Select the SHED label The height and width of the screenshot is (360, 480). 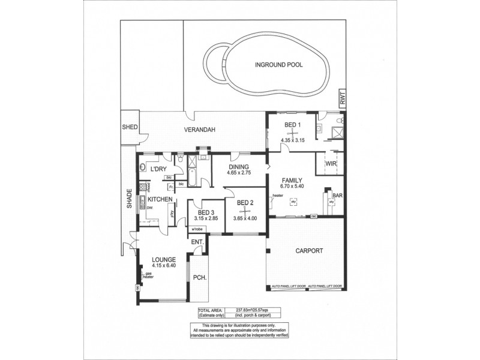click(x=130, y=127)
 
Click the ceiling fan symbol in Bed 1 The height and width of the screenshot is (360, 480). click(x=291, y=133)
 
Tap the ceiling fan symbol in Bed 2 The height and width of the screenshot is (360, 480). click(x=245, y=211)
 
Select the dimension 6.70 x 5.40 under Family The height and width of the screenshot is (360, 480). click(x=292, y=187)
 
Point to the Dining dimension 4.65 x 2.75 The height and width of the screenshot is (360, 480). click(x=238, y=173)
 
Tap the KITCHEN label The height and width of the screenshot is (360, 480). click(x=161, y=199)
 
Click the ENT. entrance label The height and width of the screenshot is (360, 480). click(x=196, y=242)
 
